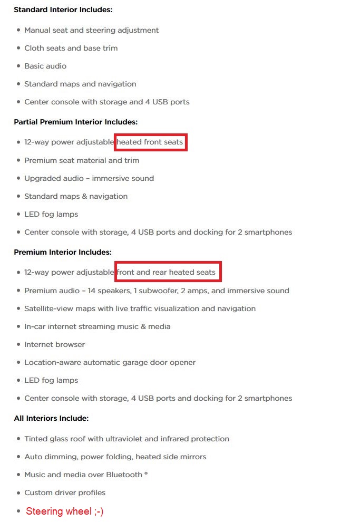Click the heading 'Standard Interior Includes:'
coord(63,9)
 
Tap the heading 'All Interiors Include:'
coord(51,418)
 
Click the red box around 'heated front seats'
coord(150,142)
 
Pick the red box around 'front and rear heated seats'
coord(168,272)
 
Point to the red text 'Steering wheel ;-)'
coord(64,511)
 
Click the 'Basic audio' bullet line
coord(45,66)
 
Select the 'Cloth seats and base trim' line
coord(71,48)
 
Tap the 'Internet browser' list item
coord(54,344)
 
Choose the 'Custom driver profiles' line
coord(65,492)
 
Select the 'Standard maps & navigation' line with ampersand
coord(76,196)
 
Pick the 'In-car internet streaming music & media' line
coord(98,326)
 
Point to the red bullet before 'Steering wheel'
coord(18,511)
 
